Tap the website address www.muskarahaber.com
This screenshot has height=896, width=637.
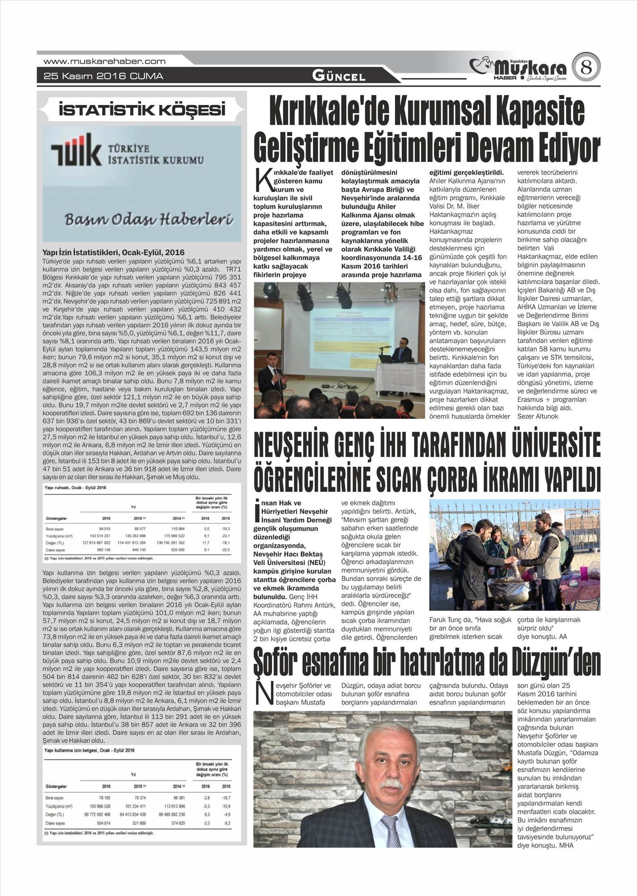(104, 61)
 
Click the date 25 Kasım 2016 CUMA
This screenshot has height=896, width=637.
(104, 77)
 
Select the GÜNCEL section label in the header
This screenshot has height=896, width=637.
(338, 77)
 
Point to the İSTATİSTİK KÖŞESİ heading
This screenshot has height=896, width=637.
(142, 111)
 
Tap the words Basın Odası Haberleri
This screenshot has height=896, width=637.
(149, 220)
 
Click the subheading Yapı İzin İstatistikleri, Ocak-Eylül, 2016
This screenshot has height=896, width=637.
(113, 252)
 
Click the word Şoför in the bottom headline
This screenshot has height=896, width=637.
(286, 663)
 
